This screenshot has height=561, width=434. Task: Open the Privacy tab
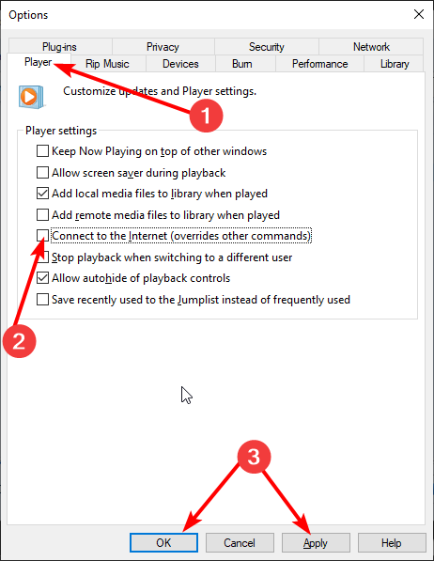pyautogui.click(x=163, y=47)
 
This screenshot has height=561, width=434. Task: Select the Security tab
pyautogui.click(x=266, y=47)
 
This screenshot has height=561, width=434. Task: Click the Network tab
pyautogui.click(x=371, y=47)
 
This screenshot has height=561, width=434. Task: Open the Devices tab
pyautogui.click(x=180, y=64)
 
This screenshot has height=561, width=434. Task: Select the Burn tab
pyautogui.click(x=241, y=64)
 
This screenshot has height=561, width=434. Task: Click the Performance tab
pyautogui.click(x=319, y=64)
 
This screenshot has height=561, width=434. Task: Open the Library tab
pyautogui.click(x=395, y=64)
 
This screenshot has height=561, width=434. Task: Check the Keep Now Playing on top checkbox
pyautogui.click(x=42, y=151)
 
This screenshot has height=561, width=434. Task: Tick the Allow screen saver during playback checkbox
pyautogui.click(x=42, y=172)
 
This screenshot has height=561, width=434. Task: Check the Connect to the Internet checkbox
pyautogui.click(x=42, y=236)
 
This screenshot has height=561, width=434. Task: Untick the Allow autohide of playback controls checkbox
pyautogui.click(x=42, y=278)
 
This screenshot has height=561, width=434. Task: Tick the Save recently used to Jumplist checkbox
pyautogui.click(x=42, y=300)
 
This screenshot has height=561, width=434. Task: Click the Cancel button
pyautogui.click(x=240, y=542)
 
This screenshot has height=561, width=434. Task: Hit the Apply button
pyautogui.click(x=316, y=542)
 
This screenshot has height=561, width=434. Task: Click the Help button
pyautogui.click(x=392, y=542)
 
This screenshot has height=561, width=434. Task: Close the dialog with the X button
pyautogui.click(x=417, y=15)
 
